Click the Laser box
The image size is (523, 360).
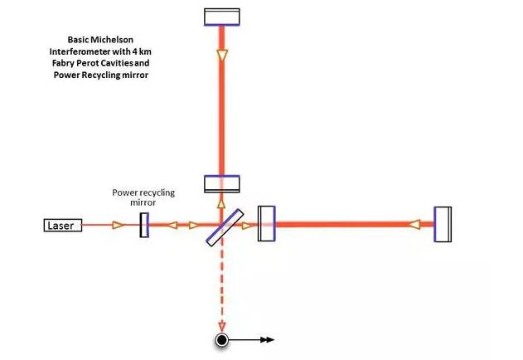click(x=63, y=225)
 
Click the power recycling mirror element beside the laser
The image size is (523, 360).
click(x=144, y=225)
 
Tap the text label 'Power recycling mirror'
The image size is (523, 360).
click(x=143, y=197)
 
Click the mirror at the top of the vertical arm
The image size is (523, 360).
click(x=221, y=17)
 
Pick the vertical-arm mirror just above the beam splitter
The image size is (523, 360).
click(x=221, y=182)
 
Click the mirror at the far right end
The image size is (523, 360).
click(x=443, y=224)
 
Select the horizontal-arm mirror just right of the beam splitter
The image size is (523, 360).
click(x=266, y=224)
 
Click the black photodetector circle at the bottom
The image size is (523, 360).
click(x=221, y=339)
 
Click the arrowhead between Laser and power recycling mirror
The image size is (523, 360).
click(x=118, y=225)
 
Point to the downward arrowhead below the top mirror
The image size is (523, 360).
click(x=221, y=55)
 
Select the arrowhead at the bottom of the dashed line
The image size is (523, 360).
click(x=221, y=325)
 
